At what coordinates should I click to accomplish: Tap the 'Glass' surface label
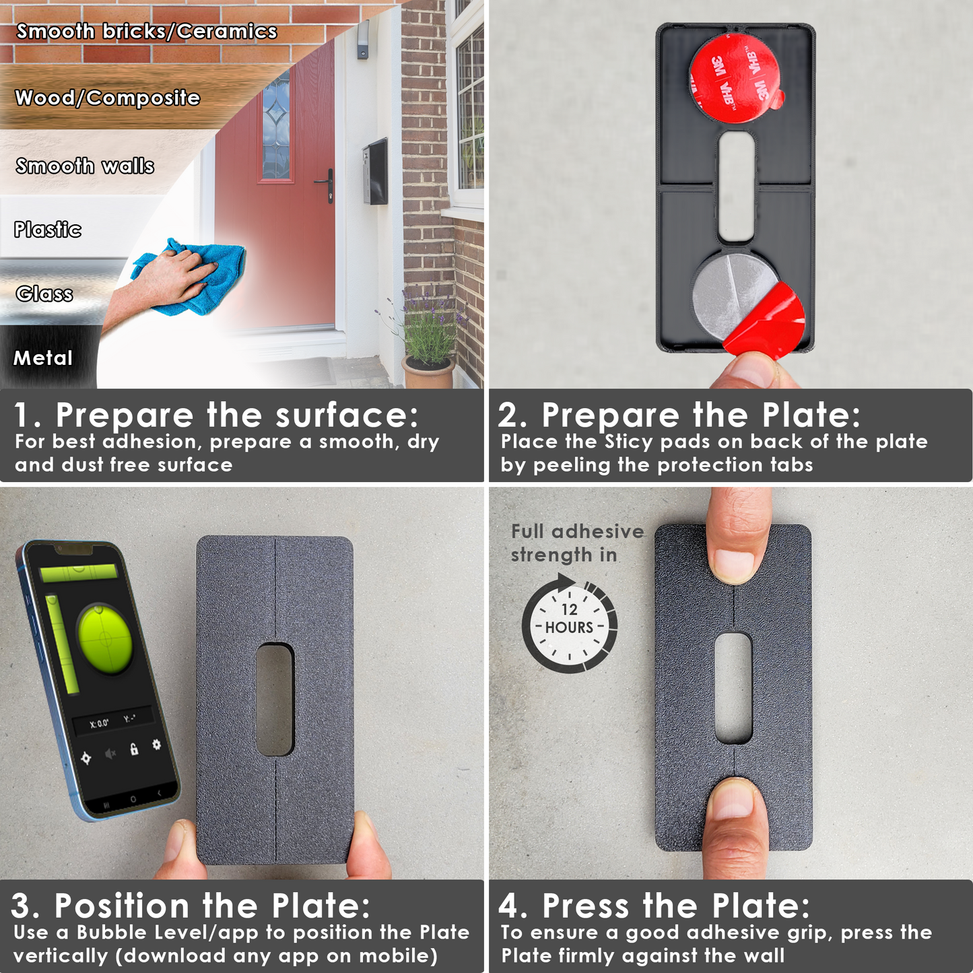point(44,294)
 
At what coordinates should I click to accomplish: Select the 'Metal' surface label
point(43,358)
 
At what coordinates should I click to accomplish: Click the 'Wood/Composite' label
point(108,98)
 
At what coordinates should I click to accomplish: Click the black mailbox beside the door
point(374,172)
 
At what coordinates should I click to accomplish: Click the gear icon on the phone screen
point(156,744)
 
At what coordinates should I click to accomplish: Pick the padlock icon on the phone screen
point(134,748)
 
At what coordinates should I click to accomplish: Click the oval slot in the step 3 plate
point(275,699)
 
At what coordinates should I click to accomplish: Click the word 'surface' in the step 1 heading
point(347,415)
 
